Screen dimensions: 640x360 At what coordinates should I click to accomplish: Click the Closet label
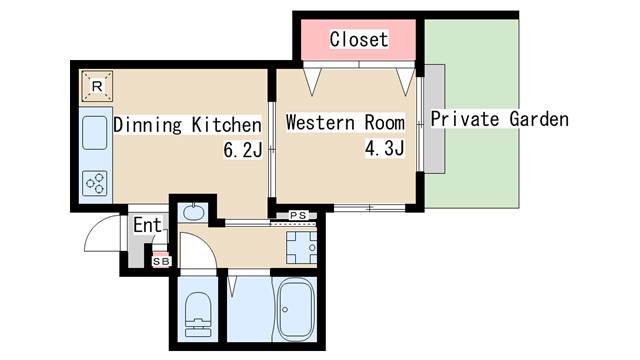359,40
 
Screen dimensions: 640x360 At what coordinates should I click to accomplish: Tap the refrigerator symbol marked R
97,86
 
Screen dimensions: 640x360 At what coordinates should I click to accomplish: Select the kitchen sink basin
95,133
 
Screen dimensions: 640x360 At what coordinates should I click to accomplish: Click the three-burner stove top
95,183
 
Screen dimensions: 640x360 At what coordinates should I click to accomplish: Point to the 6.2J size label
242,150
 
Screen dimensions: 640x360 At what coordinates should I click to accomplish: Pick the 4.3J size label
384,149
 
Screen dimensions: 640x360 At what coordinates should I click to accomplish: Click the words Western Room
345,122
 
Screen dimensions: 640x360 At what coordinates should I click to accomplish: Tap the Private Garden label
500,119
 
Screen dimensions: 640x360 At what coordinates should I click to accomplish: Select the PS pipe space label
298,215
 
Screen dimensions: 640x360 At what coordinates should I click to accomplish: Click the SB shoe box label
161,261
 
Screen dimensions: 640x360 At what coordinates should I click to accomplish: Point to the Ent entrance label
147,225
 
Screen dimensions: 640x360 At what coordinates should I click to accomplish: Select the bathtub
296,309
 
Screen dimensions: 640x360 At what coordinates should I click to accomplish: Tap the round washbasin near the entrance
192,212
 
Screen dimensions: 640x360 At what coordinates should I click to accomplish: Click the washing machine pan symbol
301,247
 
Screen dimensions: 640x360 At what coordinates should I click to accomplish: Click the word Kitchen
227,124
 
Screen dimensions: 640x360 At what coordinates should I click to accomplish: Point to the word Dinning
147,125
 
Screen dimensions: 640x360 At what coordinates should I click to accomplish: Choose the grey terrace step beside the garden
434,119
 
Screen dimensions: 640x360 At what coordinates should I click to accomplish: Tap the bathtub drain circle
285,309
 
